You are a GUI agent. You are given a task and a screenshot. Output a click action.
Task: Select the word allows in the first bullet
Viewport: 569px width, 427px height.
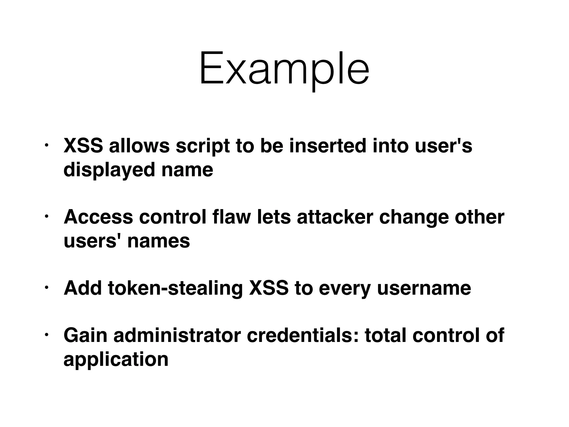click(x=139, y=146)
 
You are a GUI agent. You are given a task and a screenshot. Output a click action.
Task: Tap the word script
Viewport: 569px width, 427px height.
click(x=203, y=146)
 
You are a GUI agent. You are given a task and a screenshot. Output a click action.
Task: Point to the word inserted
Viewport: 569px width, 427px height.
click(x=328, y=146)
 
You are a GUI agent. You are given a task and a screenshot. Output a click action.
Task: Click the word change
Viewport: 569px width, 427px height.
click(x=414, y=217)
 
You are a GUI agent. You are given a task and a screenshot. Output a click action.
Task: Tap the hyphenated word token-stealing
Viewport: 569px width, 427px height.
click(x=175, y=288)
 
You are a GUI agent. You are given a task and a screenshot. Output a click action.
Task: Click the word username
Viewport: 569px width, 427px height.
click(x=424, y=288)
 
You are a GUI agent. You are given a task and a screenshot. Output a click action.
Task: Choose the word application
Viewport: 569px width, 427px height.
click(x=116, y=359)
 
